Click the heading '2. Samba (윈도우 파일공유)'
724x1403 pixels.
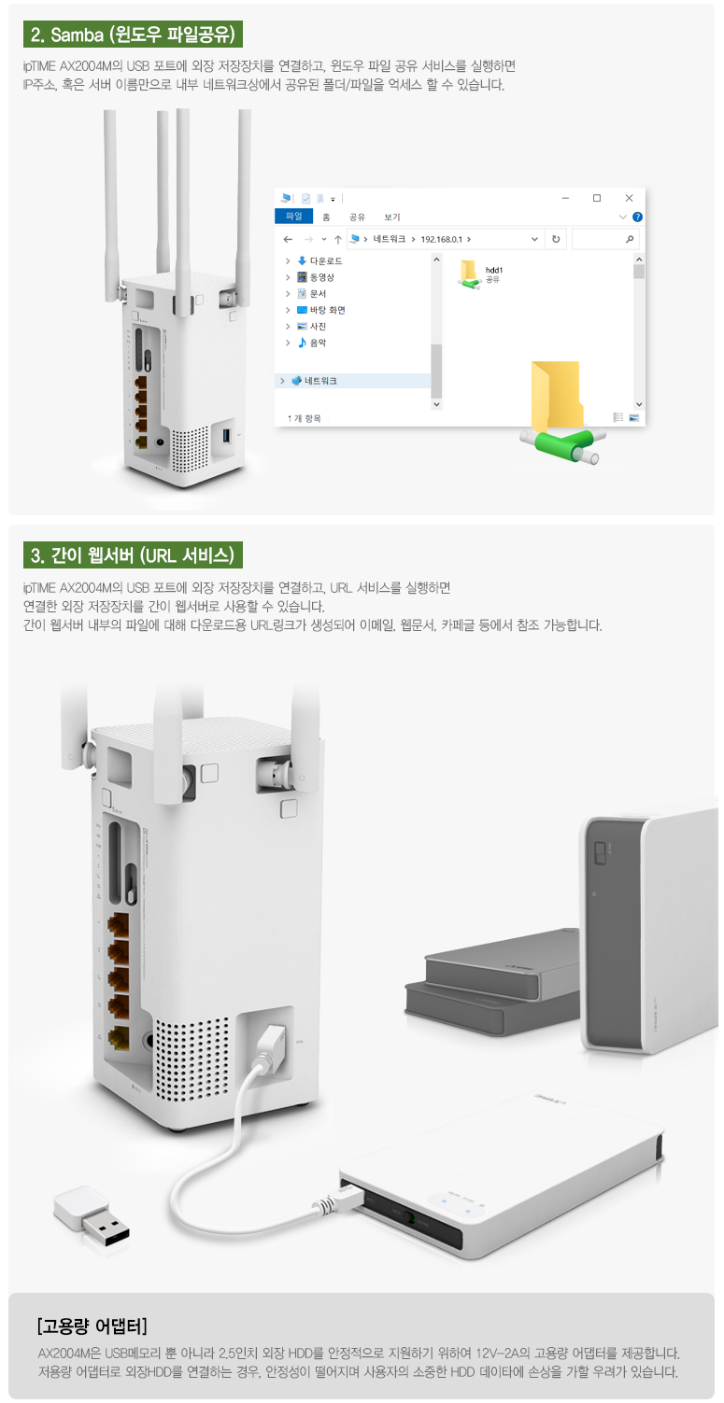133,35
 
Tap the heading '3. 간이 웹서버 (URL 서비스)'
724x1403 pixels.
133,555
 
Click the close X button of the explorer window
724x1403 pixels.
629,198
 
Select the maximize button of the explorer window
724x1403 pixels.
597,198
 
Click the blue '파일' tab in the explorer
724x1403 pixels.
293,217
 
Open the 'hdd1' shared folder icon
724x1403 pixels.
470,274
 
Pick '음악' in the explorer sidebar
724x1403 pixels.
318,343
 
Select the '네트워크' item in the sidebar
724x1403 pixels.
320,381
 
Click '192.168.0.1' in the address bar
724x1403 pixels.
442,240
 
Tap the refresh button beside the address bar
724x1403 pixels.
556,240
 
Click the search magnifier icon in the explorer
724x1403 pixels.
630,240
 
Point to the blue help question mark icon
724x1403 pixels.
637,217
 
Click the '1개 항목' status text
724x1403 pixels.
304,418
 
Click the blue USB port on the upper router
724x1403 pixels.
227,434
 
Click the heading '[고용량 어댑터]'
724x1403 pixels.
92,1326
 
